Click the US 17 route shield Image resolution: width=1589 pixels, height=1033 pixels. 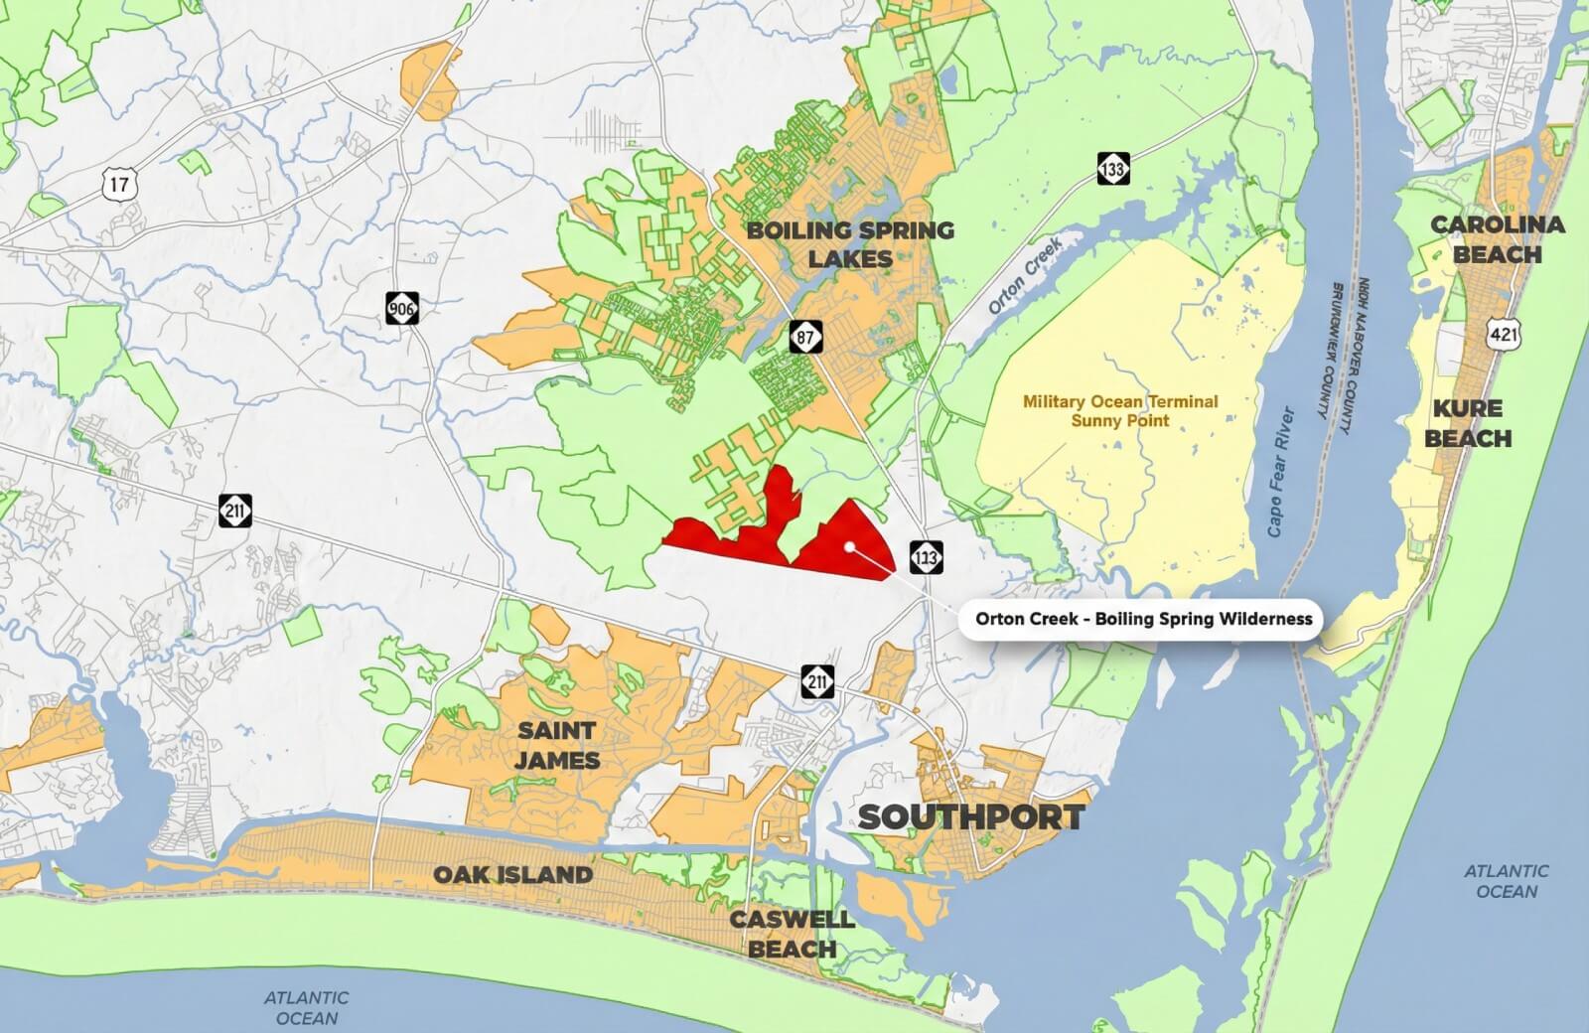click(119, 183)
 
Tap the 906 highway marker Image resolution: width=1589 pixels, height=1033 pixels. click(402, 309)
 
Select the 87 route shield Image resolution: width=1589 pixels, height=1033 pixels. click(806, 337)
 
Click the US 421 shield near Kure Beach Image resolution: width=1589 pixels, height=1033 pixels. click(1504, 335)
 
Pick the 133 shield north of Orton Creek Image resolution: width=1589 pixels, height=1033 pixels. click(1112, 169)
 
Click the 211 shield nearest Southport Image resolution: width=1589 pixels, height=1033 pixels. click(816, 681)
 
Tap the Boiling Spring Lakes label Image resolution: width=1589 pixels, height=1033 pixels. click(850, 244)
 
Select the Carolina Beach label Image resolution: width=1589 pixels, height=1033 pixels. click(1498, 239)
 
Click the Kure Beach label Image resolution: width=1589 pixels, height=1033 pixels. click(1468, 423)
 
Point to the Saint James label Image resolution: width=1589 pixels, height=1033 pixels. click(557, 745)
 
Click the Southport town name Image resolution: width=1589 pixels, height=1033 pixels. click(970, 817)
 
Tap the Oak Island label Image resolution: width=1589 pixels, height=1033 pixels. click(512, 875)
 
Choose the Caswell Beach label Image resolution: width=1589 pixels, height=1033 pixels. click(792, 933)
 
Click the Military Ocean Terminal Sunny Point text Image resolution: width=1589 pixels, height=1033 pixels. click(1120, 411)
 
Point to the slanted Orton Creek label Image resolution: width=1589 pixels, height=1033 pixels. click(1025, 275)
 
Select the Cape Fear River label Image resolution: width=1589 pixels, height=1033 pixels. click(1281, 472)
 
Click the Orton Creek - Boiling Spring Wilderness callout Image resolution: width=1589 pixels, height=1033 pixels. click(1143, 619)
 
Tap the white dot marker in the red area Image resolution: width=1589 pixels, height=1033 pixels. click(848, 546)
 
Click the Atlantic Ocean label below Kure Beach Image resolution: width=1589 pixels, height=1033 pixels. click(1506, 881)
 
